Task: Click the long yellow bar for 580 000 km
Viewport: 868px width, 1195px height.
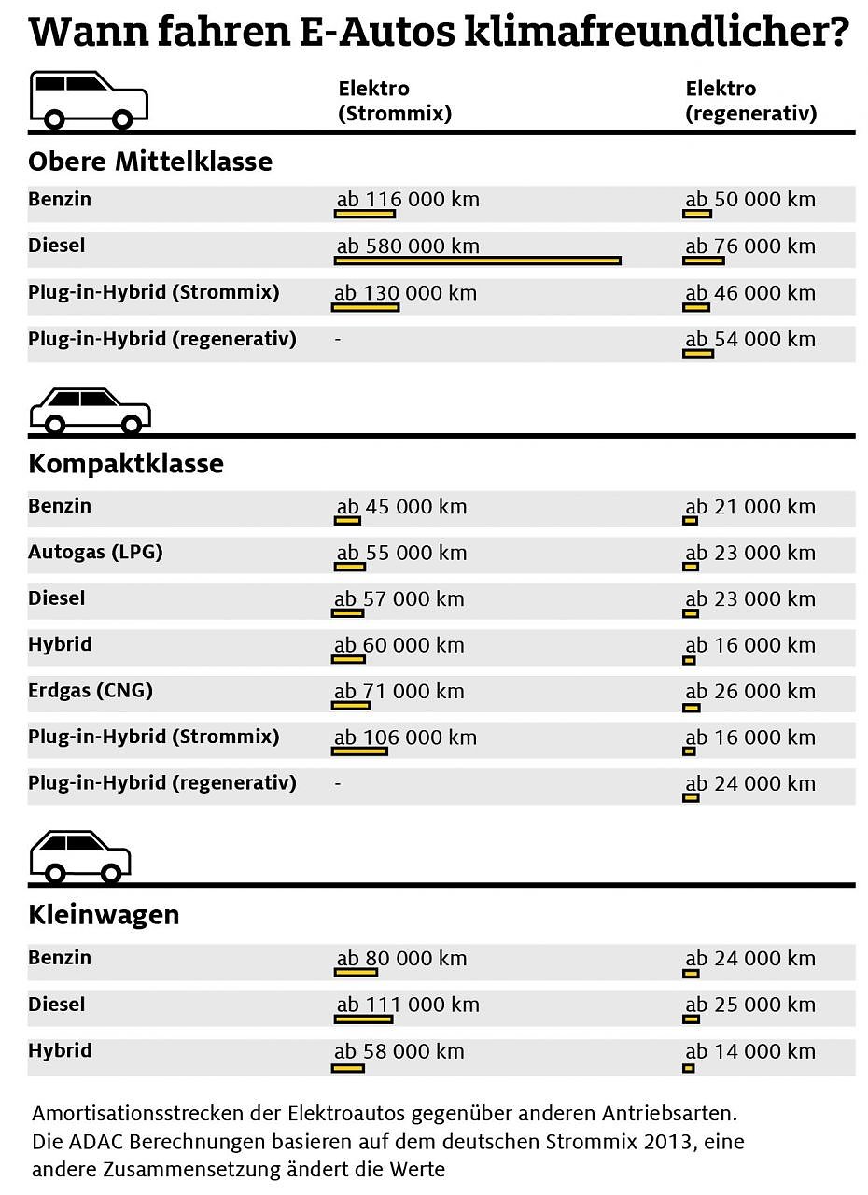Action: (x=478, y=260)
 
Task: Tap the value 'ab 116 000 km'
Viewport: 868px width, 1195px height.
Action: (x=408, y=200)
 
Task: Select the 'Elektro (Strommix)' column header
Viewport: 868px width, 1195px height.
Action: (x=395, y=102)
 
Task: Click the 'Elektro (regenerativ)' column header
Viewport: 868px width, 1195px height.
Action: (x=750, y=102)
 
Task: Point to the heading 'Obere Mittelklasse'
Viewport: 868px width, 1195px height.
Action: (x=150, y=162)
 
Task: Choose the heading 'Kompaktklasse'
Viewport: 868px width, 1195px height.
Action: (x=126, y=464)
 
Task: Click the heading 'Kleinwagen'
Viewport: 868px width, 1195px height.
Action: (x=104, y=915)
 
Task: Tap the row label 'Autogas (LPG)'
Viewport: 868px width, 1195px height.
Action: (x=95, y=552)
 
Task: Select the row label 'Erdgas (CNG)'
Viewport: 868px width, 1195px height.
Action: (x=91, y=691)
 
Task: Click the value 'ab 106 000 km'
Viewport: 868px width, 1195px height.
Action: (x=406, y=738)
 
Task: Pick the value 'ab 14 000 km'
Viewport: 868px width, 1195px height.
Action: (x=750, y=1051)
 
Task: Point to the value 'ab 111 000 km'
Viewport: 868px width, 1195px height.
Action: (x=408, y=1005)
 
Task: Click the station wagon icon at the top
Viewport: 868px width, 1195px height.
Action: (x=91, y=99)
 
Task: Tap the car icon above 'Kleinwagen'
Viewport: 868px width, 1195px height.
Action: (x=81, y=856)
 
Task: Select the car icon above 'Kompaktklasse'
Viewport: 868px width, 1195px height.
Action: (x=91, y=411)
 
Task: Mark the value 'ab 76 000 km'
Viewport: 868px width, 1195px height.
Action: (x=750, y=246)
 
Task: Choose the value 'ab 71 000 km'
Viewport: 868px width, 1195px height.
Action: (x=399, y=692)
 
